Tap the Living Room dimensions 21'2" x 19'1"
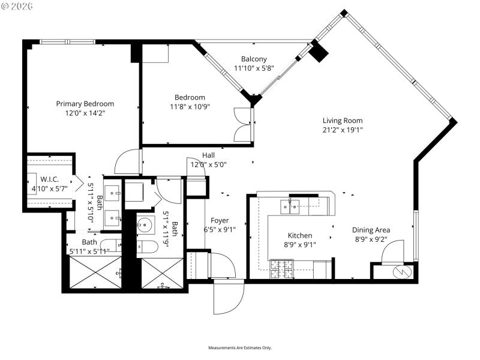343,130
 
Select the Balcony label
254,59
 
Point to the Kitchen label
299,236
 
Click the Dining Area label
371,230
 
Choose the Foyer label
219,220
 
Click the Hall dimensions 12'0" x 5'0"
208,164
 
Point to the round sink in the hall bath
145,226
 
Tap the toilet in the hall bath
146,247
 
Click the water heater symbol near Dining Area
400,272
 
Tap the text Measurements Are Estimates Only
240,348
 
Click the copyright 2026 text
18,6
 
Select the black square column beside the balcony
319,52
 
